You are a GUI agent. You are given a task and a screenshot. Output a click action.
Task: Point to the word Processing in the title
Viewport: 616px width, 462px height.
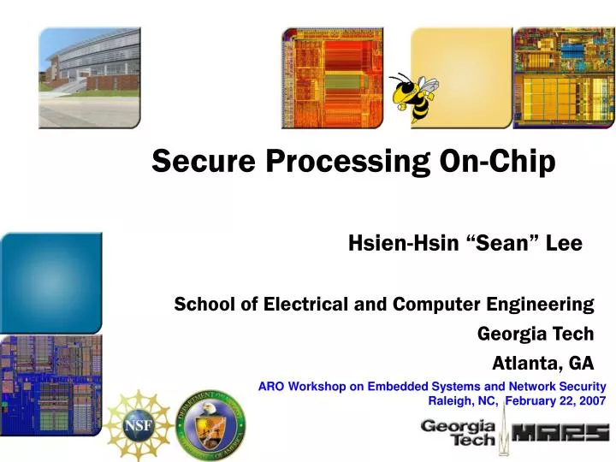click(x=342, y=163)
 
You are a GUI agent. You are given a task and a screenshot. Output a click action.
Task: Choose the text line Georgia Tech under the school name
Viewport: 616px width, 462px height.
click(x=535, y=334)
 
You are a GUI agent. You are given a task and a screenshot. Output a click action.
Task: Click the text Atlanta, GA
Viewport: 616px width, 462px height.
click(x=542, y=363)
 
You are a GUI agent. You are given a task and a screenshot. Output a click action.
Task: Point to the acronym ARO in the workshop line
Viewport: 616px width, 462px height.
click(x=272, y=386)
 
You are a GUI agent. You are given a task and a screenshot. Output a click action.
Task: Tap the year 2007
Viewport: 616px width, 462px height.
click(x=590, y=400)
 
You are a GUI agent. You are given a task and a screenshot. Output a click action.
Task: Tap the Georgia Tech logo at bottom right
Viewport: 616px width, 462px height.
click(x=457, y=433)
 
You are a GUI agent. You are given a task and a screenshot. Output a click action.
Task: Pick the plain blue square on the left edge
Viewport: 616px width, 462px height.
click(x=50, y=282)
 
